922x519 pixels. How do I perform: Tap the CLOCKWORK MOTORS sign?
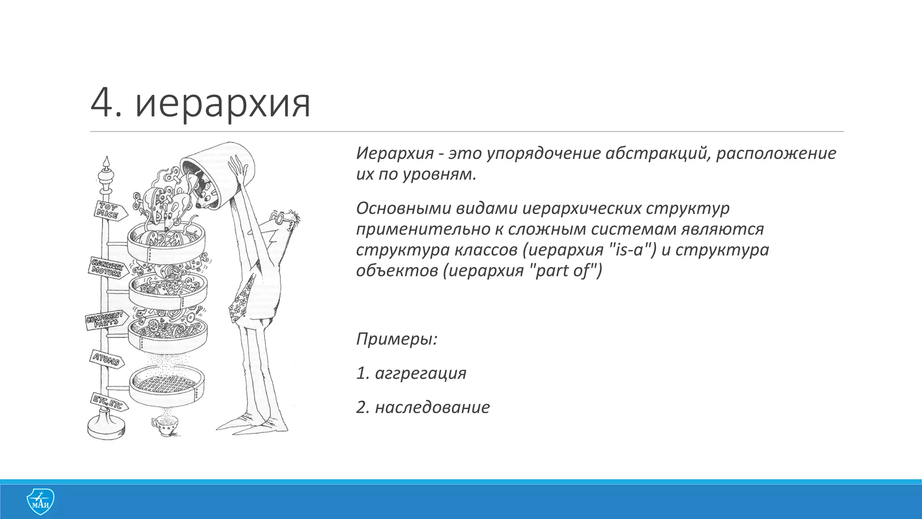(x=107, y=267)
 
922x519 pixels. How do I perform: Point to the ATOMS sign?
(x=106, y=359)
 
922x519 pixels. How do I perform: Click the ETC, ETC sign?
(x=108, y=402)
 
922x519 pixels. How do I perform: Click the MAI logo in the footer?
(x=41, y=501)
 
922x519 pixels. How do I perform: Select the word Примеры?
(x=397, y=338)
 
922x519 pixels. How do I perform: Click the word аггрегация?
(x=420, y=373)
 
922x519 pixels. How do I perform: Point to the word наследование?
(x=432, y=407)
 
